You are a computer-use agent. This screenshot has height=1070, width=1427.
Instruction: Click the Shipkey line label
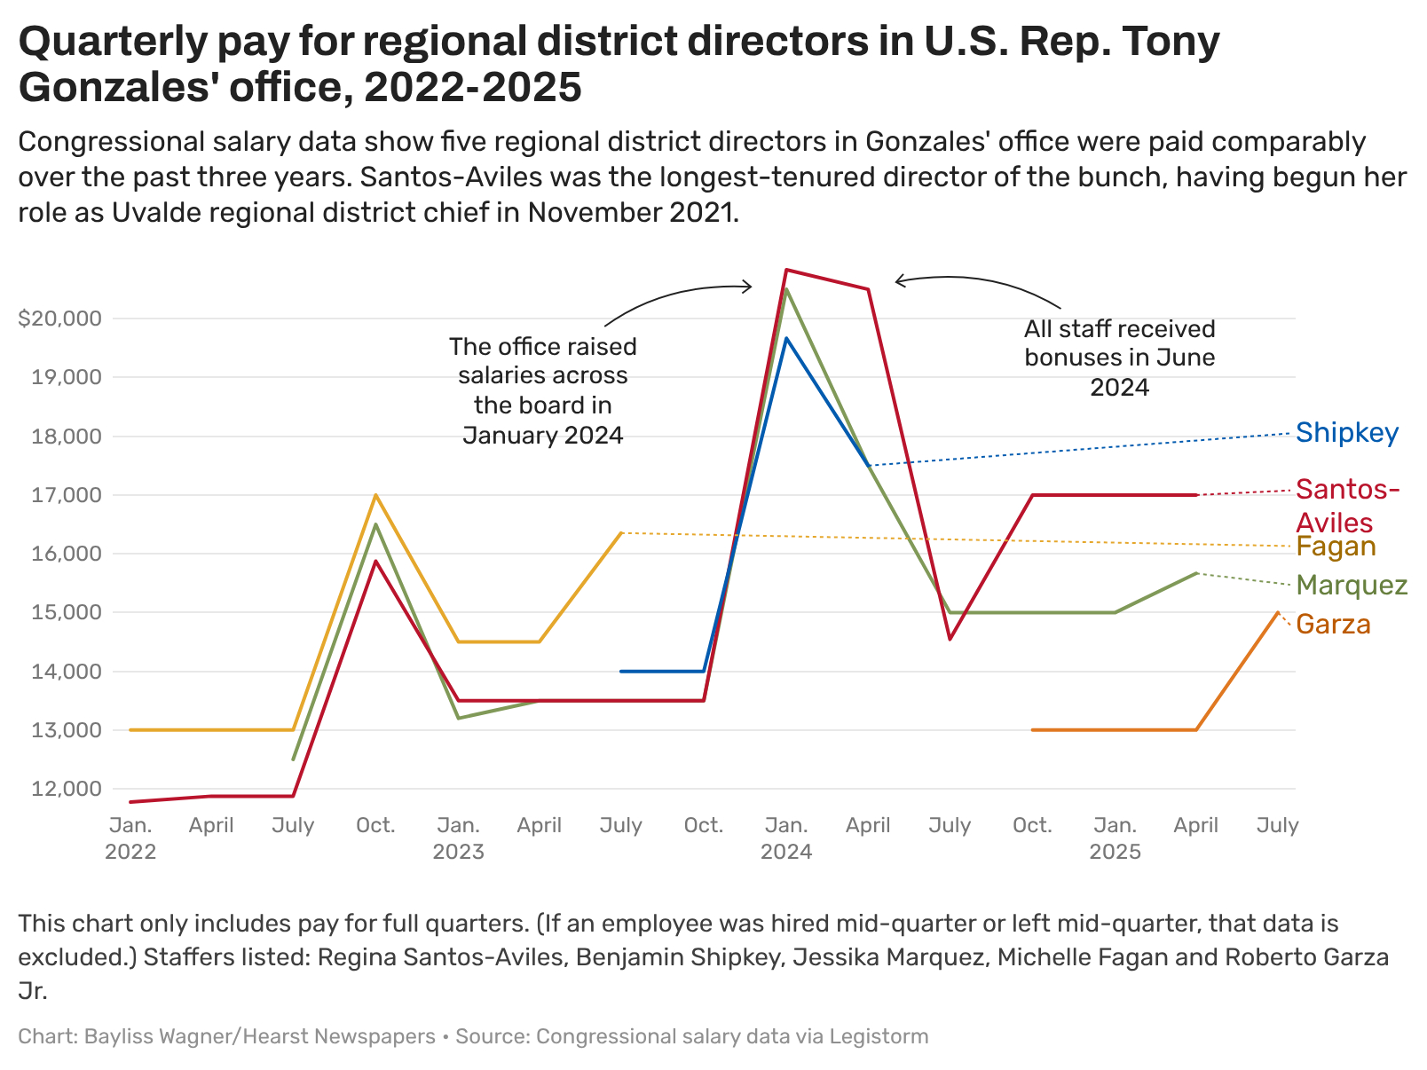click(x=1346, y=433)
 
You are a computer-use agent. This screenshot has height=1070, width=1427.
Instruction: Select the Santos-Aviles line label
click(x=1346, y=505)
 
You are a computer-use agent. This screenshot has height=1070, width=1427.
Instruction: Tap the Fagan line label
click(x=1336, y=547)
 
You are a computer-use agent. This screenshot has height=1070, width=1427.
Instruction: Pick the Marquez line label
click(x=1352, y=586)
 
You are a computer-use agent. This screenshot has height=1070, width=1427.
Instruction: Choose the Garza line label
click(x=1333, y=625)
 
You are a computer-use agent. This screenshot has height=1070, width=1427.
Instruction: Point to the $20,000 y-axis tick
click(x=59, y=319)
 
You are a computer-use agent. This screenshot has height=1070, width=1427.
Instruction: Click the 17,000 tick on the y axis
click(x=67, y=495)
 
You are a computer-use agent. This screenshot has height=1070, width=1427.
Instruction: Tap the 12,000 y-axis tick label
click(x=67, y=789)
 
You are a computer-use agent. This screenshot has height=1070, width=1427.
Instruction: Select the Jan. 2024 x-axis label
click(x=786, y=838)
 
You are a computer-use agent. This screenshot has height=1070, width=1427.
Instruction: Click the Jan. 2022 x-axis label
click(x=130, y=838)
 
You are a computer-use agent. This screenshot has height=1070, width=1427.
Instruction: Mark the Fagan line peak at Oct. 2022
click(x=375, y=495)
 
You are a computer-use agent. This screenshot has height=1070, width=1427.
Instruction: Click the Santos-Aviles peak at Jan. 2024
click(x=786, y=270)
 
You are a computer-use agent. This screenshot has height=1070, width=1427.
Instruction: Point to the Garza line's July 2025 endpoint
click(x=1278, y=612)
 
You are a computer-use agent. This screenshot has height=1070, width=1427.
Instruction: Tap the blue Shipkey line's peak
click(x=786, y=338)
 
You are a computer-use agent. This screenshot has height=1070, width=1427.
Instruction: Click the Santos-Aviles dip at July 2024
click(x=950, y=639)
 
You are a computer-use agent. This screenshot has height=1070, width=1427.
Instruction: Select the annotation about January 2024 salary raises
click(x=542, y=390)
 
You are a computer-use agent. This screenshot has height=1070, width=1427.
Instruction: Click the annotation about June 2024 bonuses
click(x=1119, y=358)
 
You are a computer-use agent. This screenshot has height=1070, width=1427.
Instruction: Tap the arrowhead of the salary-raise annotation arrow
click(x=750, y=286)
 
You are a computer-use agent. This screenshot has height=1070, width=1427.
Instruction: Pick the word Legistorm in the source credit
click(x=879, y=1036)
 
